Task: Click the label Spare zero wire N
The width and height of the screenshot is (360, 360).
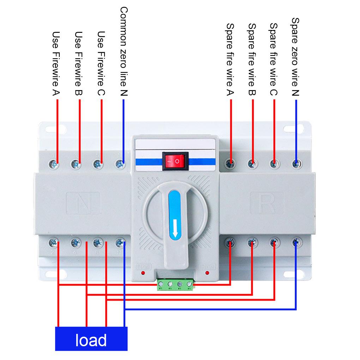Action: [x=296, y=56]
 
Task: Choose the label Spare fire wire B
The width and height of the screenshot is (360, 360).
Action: [x=252, y=59]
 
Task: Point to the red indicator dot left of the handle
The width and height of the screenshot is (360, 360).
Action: [x=142, y=273]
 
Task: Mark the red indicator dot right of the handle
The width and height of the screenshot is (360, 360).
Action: [x=207, y=273]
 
